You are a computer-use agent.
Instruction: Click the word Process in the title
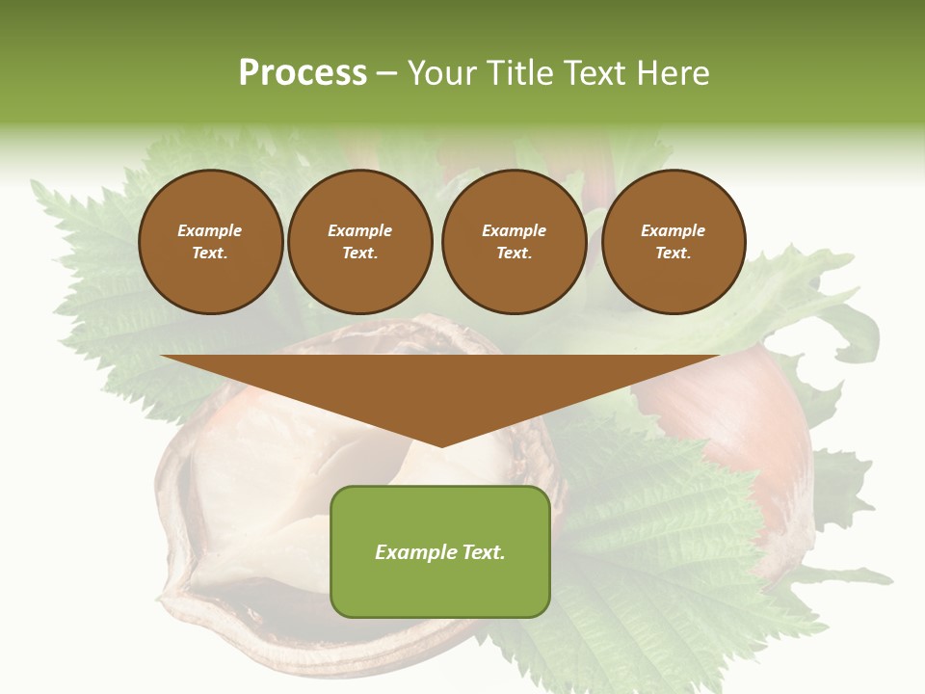point(303,73)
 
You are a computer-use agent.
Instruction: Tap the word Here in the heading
point(671,73)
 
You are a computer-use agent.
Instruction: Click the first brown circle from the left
point(210,242)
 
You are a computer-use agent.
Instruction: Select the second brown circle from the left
point(360,242)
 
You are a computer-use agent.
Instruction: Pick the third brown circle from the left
point(514,242)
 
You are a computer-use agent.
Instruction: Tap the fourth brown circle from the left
point(673,242)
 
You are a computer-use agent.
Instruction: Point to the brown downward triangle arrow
point(440,390)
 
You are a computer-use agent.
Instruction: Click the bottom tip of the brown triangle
point(441,445)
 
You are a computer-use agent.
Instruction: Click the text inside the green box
point(440,552)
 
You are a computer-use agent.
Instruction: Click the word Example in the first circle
point(210,230)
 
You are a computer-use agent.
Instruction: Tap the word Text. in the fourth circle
point(673,254)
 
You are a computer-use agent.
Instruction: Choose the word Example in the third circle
point(514,230)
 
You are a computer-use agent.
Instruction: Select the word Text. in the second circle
point(360,254)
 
